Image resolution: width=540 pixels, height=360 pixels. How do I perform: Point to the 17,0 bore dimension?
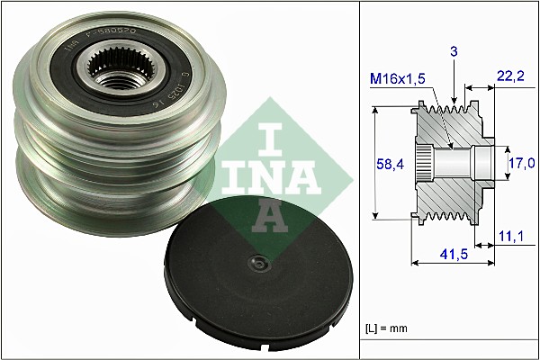(522, 163)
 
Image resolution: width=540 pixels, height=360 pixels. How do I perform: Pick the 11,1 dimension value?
(510, 236)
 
